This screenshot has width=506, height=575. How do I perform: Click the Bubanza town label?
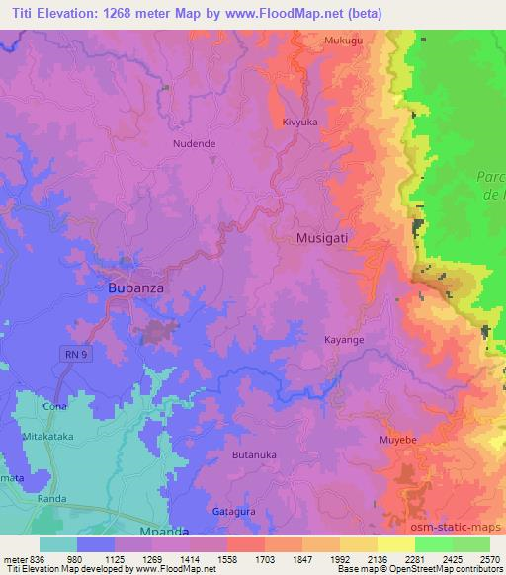(130, 289)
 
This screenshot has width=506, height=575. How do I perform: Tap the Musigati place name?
(322, 239)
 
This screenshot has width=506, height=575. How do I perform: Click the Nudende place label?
(194, 143)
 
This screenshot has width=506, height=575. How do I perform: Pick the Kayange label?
(345, 340)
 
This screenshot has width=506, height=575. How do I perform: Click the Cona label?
(53, 406)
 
